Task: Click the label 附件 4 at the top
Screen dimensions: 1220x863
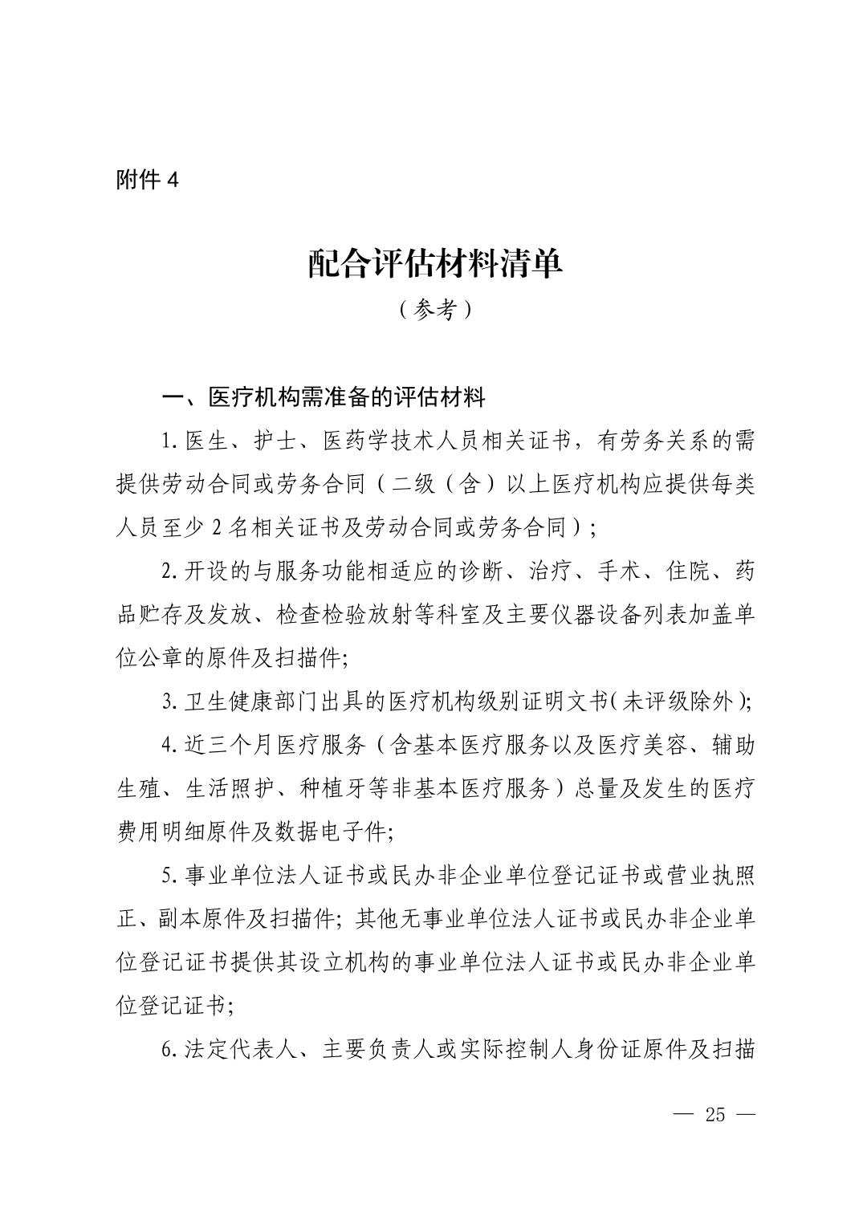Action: tap(147, 180)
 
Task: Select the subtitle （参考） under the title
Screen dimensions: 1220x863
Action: tap(434, 311)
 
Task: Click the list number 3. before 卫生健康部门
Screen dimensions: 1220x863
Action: tap(169, 702)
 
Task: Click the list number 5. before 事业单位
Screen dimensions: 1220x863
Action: tap(169, 876)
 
